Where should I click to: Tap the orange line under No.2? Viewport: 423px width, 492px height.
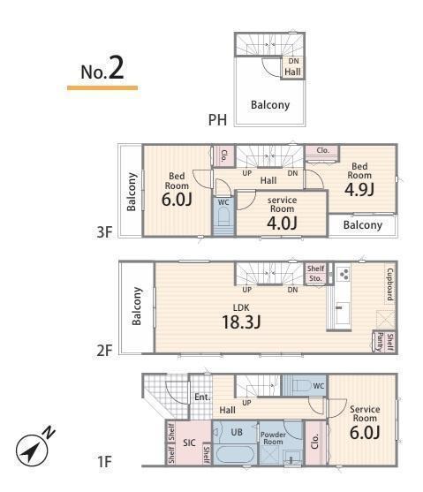tap(102, 87)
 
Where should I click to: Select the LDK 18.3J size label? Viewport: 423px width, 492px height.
tap(241, 322)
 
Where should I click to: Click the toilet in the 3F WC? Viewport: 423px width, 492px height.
tap(224, 216)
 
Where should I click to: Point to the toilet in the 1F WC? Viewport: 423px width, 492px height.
tap(299, 385)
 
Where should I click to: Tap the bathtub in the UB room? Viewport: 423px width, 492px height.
tap(236, 454)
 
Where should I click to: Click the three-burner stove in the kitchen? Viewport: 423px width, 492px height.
tap(343, 274)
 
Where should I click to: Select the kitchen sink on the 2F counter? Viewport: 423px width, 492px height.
tap(342, 314)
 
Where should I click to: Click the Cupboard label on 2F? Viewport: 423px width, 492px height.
tap(390, 284)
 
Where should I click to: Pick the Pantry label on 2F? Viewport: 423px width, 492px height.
tap(380, 342)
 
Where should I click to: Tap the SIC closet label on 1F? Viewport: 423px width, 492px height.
tap(189, 443)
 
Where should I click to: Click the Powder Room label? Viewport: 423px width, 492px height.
tap(273, 438)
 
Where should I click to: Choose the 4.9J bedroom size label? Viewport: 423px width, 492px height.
tap(359, 189)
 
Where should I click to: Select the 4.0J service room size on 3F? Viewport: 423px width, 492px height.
tap(282, 223)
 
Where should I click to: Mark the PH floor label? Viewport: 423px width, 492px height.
tap(217, 120)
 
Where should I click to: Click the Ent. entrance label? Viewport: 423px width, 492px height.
tap(202, 397)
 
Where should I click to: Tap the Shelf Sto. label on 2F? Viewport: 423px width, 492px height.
tap(315, 273)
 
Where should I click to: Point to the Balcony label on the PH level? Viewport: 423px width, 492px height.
tap(270, 105)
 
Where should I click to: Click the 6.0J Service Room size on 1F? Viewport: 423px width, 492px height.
tap(365, 433)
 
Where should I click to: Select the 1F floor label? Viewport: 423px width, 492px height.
tap(104, 462)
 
